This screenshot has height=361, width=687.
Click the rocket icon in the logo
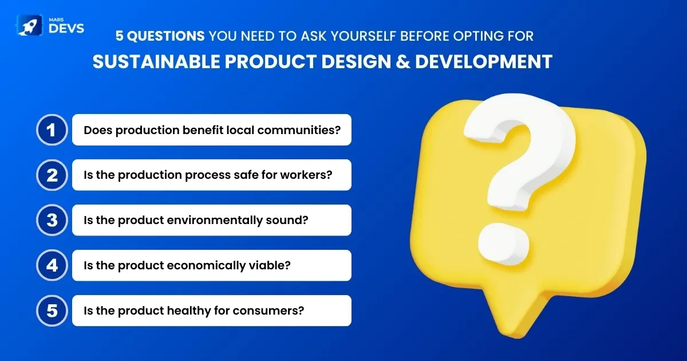29,25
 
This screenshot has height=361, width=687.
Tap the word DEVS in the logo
66,28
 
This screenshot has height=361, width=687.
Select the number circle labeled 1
52,130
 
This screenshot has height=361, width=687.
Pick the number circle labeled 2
52,175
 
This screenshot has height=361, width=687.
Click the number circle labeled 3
52,220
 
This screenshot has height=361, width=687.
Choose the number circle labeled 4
52,265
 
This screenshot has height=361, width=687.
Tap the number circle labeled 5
52,311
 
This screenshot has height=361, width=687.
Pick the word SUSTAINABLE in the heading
156,61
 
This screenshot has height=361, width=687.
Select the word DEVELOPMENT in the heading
484,61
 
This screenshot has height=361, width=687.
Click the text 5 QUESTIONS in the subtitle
160,36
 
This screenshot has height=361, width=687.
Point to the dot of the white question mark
503,244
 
